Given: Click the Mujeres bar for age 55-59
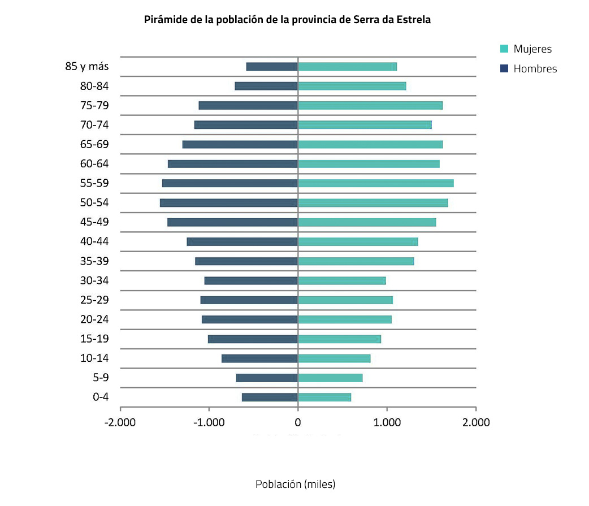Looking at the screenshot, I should pyautogui.click(x=375, y=183).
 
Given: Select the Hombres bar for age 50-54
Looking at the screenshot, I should pyautogui.click(x=229, y=202).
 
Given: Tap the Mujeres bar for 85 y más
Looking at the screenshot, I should pyautogui.click(x=347, y=67).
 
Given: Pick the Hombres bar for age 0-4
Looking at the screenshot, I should pyautogui.click(x=270, y=397).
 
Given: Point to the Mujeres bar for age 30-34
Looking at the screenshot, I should pyautogui.click(x=341, y=280).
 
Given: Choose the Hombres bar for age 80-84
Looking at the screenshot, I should pyautogui.click(x=266, y=86).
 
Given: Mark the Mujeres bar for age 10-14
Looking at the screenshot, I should pyautogui.click(x=334, y=358).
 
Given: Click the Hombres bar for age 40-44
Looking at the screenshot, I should pyautogui.click(x=242, y=241).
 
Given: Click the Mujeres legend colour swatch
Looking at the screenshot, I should pyautogui.click(x=505, y=49).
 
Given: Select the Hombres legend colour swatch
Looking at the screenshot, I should pyautogui.click(x=505, y=69).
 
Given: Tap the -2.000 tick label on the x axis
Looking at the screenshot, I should pyautogui.click(x=120, y=422).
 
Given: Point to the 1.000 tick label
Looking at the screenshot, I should pyautogui.click(x=387, y=422).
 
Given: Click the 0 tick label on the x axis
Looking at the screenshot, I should pyautogui.click(x=298, y=422).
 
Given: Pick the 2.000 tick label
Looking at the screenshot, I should pyautogui.click(x=476, y=422).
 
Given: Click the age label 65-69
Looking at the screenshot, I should pyautogui.click(x=94, y=144).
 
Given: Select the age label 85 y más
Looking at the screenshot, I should pyautogui.click(x=87, y=66).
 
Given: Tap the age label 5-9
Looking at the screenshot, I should pyautogui.click(x=101, y=377).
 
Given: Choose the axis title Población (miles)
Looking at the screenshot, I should pyautogui.click(x=295, y=485).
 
